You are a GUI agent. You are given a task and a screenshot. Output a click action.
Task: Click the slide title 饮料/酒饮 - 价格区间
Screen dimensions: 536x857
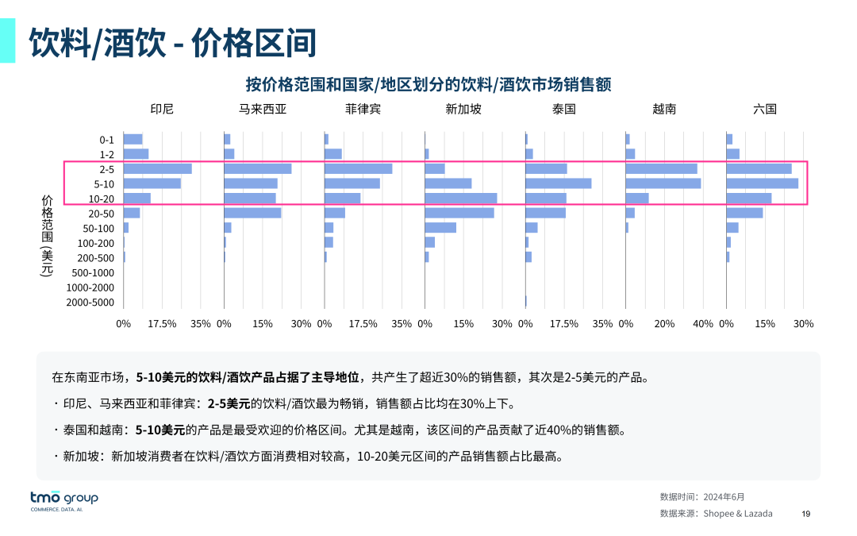173,43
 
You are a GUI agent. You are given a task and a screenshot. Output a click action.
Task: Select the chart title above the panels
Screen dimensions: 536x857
428,84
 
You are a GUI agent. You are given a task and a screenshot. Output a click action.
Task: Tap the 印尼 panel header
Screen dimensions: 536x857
162,110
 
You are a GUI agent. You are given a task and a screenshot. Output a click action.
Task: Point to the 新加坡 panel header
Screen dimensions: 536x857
463,110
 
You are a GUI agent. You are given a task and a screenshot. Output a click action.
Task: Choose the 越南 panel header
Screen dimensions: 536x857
664,110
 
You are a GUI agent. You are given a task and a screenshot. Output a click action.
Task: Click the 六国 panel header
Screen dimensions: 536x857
765,110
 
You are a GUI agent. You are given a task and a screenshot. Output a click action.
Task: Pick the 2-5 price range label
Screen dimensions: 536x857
107,169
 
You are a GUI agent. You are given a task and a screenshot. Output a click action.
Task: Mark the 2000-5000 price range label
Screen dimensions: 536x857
90,303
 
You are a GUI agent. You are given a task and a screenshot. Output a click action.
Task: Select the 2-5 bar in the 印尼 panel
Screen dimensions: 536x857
158,168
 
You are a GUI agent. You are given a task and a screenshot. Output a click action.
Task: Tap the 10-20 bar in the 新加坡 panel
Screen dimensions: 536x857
461,199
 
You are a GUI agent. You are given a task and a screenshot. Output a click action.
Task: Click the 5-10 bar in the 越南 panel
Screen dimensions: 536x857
663,183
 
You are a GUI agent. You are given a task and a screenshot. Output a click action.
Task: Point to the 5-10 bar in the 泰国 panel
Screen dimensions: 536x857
559,183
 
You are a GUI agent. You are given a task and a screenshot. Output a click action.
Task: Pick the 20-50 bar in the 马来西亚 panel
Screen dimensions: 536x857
252,213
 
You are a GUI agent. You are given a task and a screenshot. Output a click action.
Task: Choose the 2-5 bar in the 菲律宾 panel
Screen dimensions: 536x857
359,168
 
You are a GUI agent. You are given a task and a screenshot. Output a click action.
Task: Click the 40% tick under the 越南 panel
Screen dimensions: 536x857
703,324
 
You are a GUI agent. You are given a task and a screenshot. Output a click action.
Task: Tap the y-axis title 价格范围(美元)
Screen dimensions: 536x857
47,235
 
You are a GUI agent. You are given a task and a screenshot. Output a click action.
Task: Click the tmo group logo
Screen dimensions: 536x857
64,500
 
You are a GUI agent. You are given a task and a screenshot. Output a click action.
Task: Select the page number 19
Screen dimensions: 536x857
806,514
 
